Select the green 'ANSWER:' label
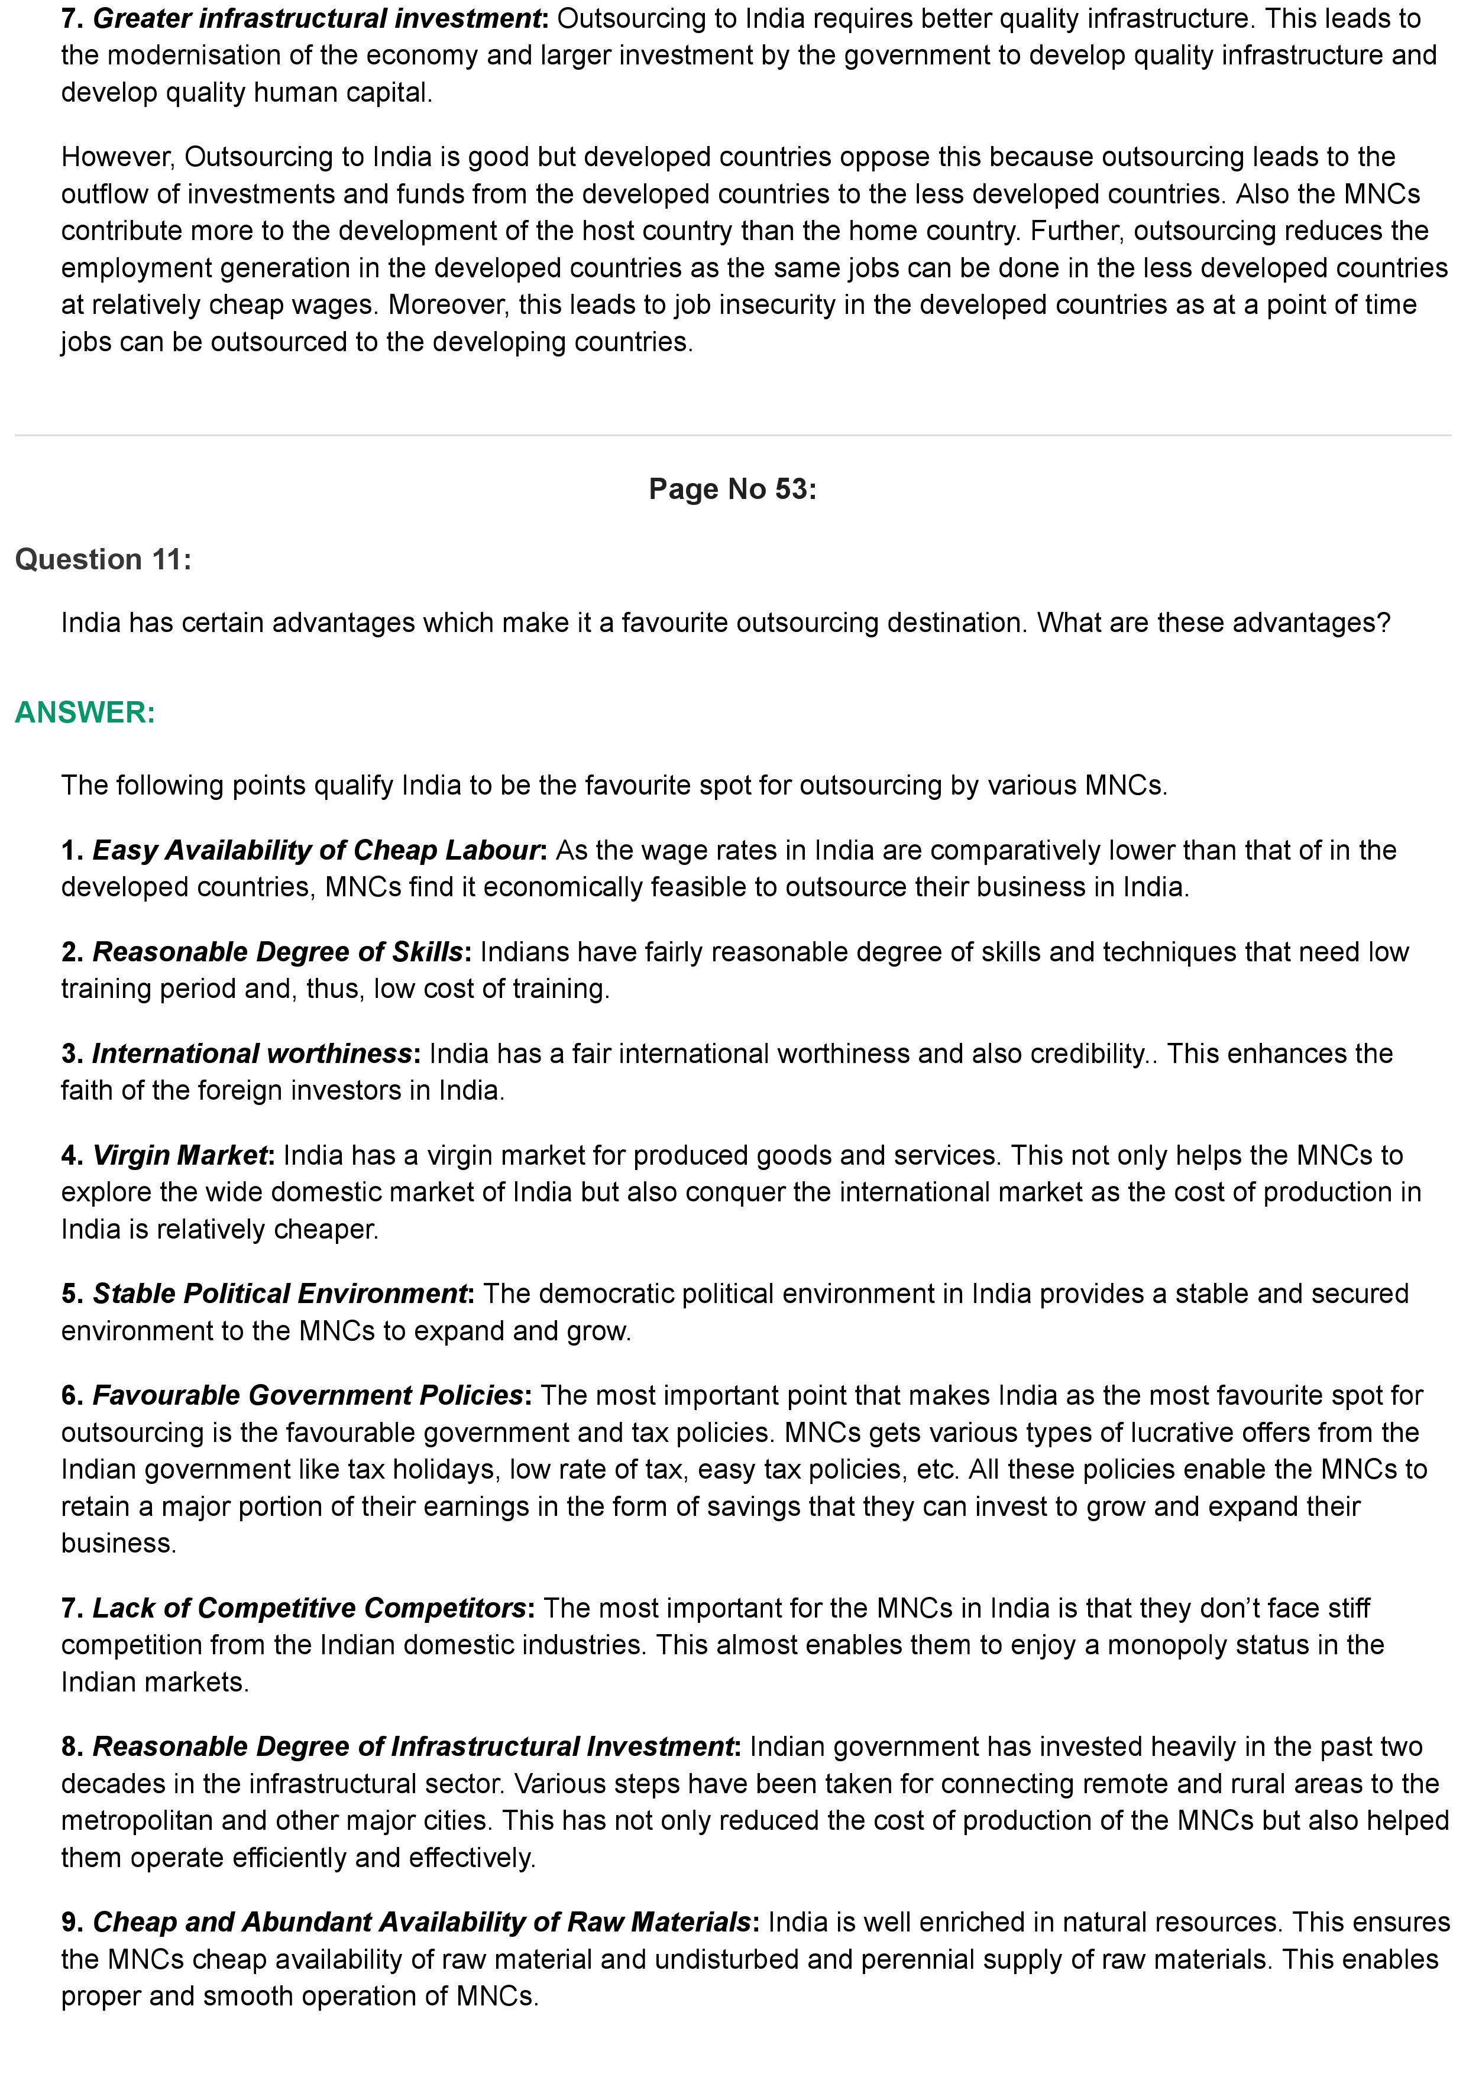coord(85,712)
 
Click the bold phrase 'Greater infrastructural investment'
coord(316,18)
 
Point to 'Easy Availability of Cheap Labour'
coord(316,850)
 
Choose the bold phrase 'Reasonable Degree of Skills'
coord(277,951)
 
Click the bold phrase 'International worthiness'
coord(252,1054)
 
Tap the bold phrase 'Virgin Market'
coord(180,1155)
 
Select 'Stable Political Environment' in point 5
coord(280,1294)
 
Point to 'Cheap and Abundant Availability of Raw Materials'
coord(422,1921)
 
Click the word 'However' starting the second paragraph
coord(116,157)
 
